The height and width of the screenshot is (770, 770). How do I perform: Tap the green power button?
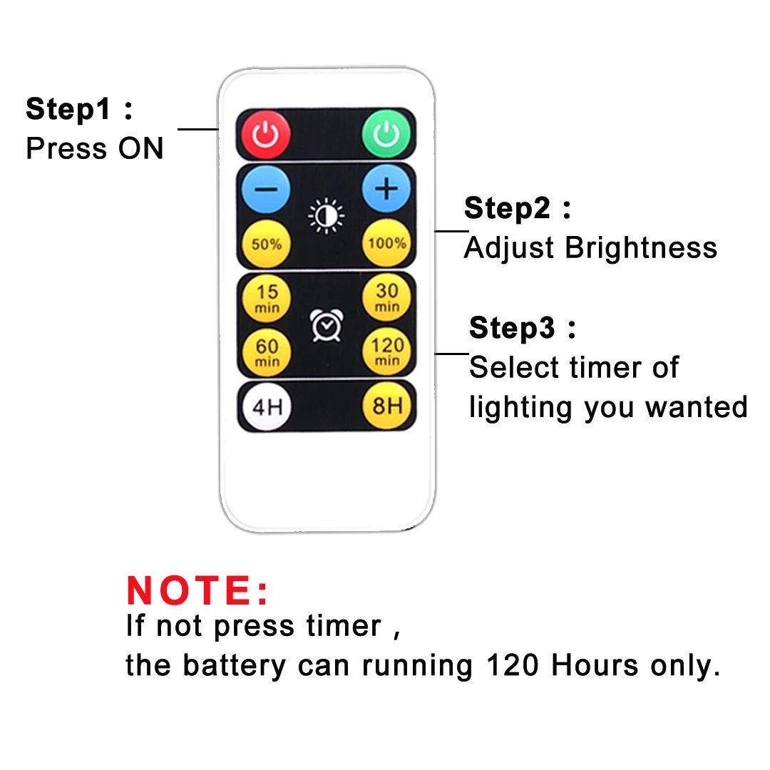tap(386, 133)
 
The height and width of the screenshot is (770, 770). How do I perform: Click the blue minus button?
tap(266, 189)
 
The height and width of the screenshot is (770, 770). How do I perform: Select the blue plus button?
tap(386, 188)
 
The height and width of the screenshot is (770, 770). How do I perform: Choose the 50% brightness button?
tap(266, 244)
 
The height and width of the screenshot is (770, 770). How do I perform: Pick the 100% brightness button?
tap(387, 242)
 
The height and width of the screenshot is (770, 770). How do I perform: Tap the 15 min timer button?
tap(267, 298)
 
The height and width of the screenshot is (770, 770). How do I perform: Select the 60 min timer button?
tap(267, 352)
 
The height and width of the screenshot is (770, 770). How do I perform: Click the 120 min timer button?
tap(387, 351)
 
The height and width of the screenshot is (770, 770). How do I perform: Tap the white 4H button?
tap(267, 406)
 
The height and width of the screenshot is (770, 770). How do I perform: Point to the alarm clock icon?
tap(327, 325)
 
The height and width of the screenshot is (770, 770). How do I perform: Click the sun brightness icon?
tap(326, 215)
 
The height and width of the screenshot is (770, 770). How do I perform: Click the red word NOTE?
tap(197, 590)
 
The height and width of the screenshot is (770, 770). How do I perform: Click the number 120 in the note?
tap(513, 665)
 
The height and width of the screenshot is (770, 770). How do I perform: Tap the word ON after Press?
tap(141, 148)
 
